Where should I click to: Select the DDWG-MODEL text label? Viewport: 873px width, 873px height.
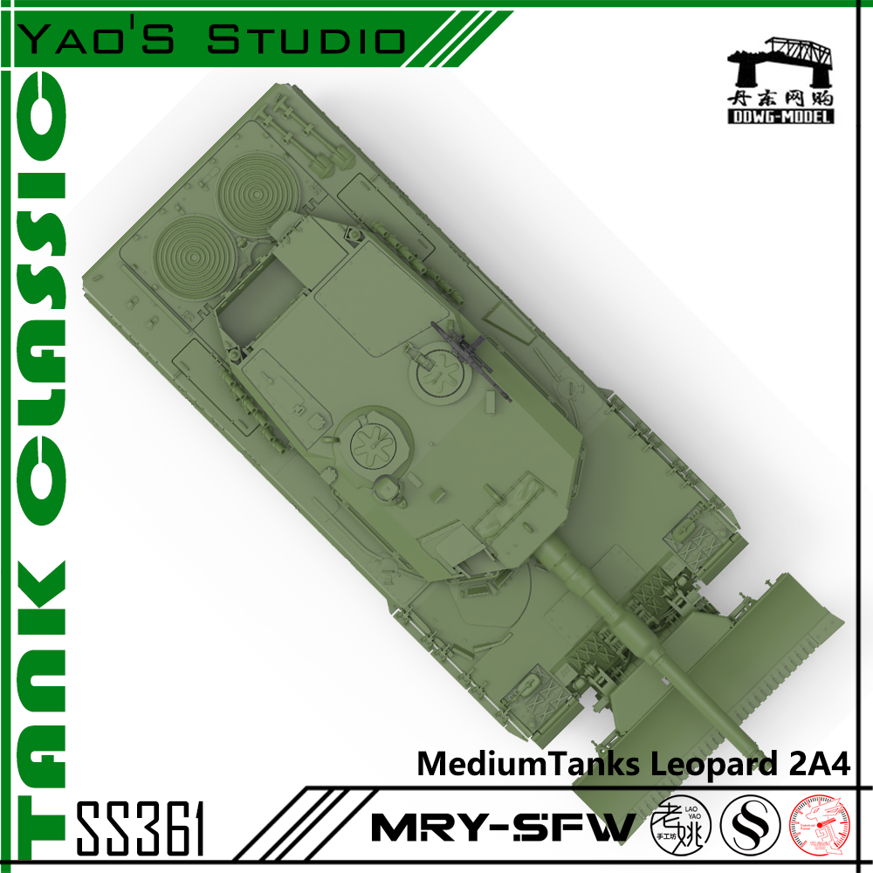coord(780,116)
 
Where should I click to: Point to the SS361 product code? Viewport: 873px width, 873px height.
coord(141,827)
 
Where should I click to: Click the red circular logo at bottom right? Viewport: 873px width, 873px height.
coord(821,826)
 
